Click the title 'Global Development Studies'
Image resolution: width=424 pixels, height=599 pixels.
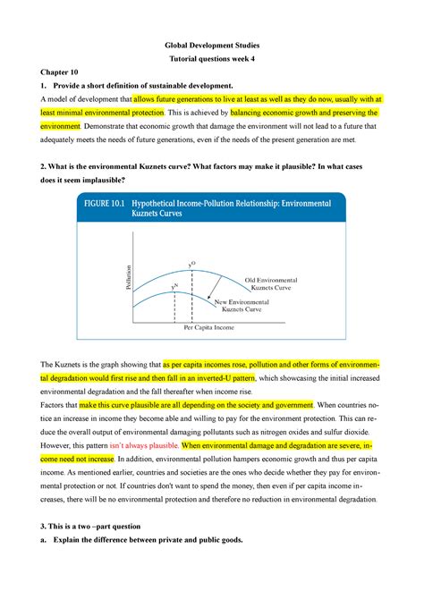[x=211, y=45]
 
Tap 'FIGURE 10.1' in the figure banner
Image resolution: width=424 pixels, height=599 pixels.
[x=98, y=204]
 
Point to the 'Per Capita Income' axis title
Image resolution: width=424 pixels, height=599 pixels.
[x=209, y=328]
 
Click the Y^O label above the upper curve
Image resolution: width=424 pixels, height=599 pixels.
[x=191, y=264]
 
